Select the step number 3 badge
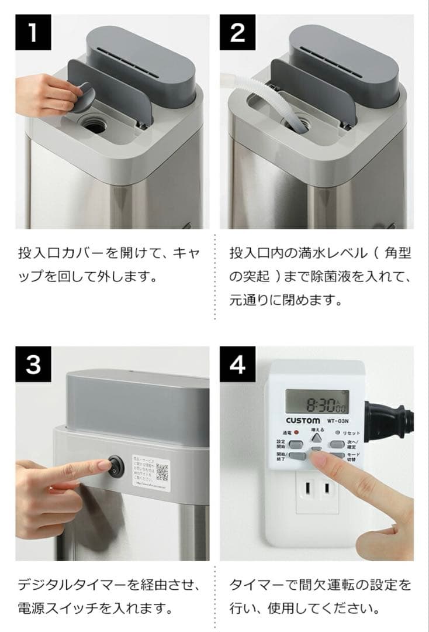click(x=33, y=364)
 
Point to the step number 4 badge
click(x=237, y=364)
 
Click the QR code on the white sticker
click(x=162, y=471)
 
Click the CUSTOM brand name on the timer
click(x=303, y=421)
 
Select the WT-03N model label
click(x=338, y=421)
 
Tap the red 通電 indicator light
click(x=296, y=432)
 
